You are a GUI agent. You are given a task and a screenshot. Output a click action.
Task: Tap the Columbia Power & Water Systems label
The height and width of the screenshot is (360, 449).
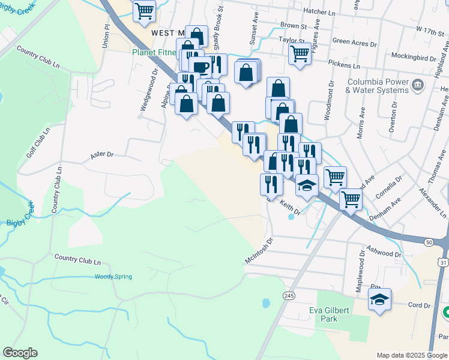click(376, 86)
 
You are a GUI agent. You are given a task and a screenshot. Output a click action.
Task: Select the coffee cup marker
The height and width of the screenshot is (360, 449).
click(200, 67)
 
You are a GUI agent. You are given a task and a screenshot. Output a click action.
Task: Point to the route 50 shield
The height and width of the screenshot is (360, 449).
click(429, 242)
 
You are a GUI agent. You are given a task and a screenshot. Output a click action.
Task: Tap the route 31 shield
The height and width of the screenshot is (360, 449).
click(442, 262)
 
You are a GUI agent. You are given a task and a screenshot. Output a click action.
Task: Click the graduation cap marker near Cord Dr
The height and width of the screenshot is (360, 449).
click(379, 299)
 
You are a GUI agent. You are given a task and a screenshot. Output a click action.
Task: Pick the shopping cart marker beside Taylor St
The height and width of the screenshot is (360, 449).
click(300, 53)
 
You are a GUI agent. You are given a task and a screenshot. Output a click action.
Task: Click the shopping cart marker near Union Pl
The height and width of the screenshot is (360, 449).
click(144, 11)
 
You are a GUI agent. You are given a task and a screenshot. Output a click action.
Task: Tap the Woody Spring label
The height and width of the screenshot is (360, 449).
click(113, 277)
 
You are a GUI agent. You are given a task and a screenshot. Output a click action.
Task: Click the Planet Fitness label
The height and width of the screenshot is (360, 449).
click(154, 52)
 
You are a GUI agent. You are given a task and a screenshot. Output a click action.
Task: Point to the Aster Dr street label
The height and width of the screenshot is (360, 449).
click(101, 155)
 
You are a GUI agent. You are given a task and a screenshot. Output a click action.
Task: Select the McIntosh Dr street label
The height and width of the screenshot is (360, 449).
click(259, 250)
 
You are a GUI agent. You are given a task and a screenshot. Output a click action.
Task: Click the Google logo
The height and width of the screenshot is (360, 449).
click(20, 353)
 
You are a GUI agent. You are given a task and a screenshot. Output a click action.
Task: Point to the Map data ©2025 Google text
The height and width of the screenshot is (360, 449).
click(412, 355)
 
